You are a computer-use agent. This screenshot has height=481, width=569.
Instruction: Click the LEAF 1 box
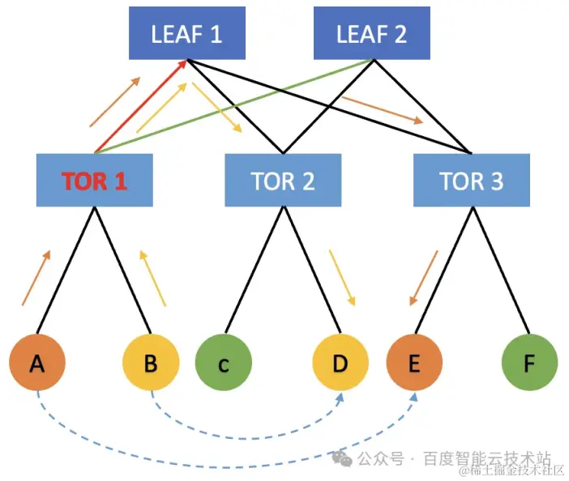[186, 34]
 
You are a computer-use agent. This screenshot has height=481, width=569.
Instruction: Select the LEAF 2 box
[372, 34]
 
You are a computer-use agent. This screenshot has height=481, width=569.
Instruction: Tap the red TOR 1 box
[95, 180]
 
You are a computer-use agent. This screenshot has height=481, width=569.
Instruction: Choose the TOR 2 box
[282, 180]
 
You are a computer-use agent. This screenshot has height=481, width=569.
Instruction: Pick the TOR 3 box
[471, 180]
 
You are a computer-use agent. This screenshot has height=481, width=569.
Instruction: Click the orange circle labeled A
[37, 364]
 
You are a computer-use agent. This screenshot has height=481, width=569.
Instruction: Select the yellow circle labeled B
[150, 364]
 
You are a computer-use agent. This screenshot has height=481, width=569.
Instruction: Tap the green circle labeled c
[224, 364]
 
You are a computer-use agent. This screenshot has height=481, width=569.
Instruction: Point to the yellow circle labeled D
[340, 364]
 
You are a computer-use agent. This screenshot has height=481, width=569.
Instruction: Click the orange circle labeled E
[414, 364]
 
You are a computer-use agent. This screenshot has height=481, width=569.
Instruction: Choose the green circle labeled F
[529, 364]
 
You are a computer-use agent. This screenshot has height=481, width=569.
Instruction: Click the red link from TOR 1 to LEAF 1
[142, 105]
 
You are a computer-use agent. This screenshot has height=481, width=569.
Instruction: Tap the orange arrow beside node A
[36, 278]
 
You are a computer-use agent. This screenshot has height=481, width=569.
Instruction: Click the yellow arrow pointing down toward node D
[342, 278]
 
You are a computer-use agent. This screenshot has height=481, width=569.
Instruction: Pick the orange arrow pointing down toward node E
[422, 278]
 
